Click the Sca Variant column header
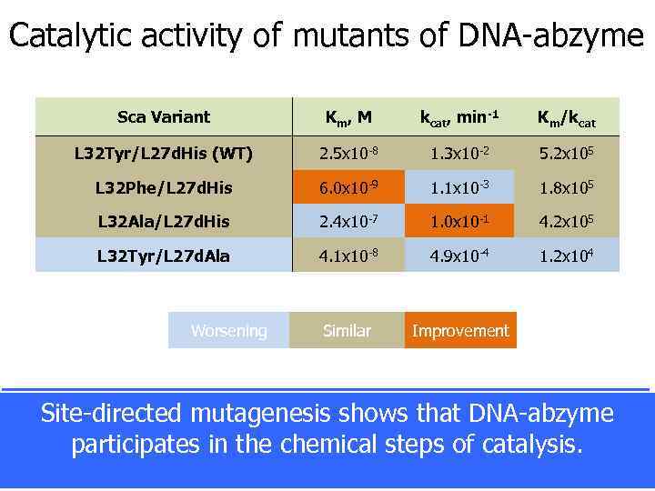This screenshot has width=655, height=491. coord(164,116)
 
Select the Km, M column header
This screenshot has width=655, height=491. coord(348,117)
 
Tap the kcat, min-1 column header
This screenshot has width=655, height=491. coord(459,117)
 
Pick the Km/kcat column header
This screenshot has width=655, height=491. coord(567,117)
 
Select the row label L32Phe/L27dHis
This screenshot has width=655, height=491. coord(164,187)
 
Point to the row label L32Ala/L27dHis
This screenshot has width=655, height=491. coord(164,221)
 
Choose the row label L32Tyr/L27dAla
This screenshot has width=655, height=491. coord(164,256)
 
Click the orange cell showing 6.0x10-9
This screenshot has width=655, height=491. coord(348,187)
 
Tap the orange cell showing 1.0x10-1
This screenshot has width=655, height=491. coord(459,221)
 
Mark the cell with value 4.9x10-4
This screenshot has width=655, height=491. coord(459,256)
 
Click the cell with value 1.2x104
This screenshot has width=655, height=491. coord(567,256)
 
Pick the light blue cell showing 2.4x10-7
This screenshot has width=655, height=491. coord(348,221)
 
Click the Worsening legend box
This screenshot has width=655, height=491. coord(228,331)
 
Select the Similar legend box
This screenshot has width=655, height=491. coord(347,331)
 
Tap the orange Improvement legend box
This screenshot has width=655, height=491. coord(460,331)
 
